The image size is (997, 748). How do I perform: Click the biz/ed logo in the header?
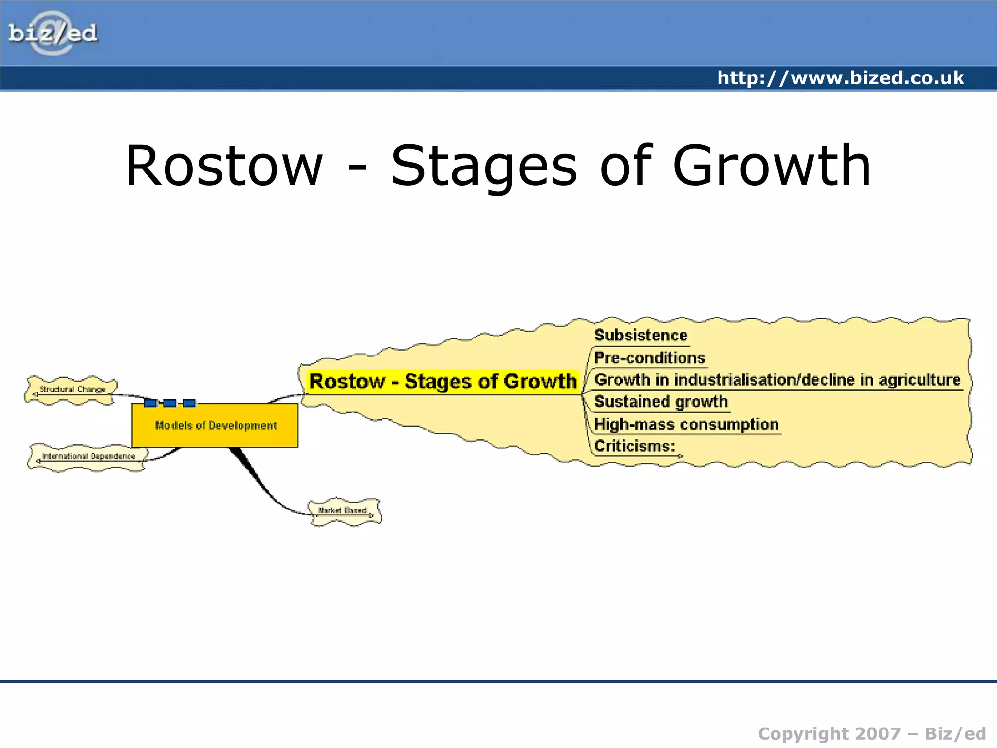point(53,33)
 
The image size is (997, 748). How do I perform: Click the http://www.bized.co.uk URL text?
point(840,78)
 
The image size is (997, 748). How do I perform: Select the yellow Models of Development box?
point(215,425)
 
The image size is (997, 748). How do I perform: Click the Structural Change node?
point(72,390)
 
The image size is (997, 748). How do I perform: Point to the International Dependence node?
point(88,456)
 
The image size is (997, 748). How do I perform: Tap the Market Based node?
point(344,511)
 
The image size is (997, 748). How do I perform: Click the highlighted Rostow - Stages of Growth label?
point(443,381)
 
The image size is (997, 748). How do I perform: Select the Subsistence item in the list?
point(641,336)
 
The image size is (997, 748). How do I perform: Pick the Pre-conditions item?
point(649,358)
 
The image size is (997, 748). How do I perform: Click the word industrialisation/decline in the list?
point(764,380)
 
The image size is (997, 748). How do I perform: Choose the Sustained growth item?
point(661,402)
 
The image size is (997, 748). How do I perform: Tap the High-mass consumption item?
point(686,424)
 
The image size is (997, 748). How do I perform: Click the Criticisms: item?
point(635,446)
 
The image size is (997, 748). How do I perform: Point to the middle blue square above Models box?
point(169,403)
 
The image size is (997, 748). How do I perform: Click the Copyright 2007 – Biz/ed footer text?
point(871,733)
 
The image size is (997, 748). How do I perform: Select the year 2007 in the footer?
point(878,733)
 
